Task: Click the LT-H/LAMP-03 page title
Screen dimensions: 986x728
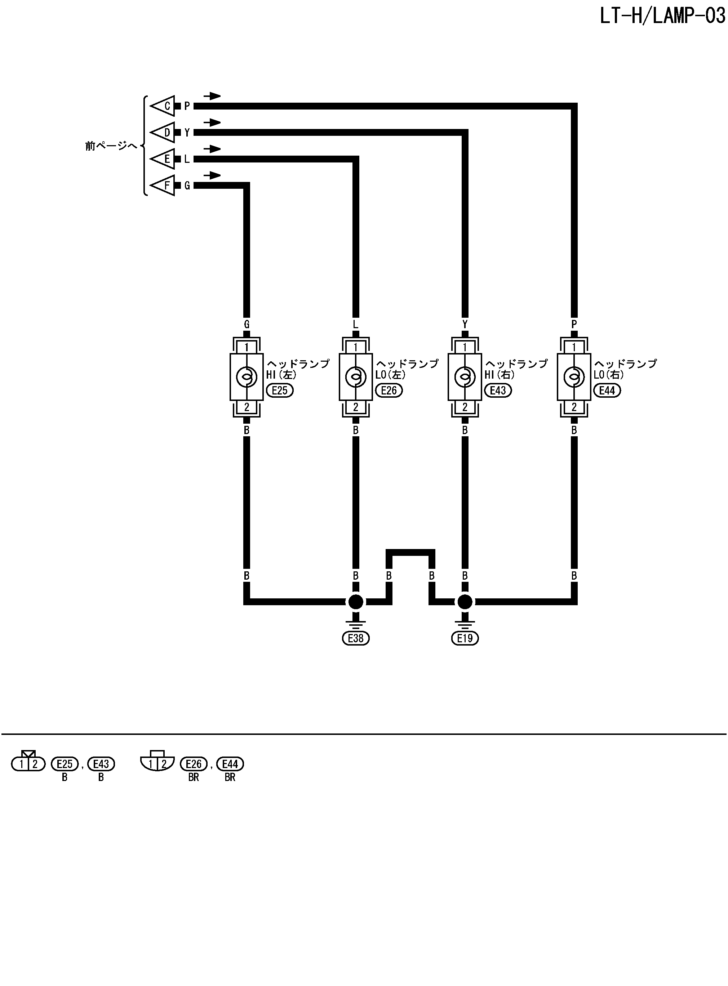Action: coord(662,16)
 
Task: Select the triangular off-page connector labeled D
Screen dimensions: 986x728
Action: coord(163,133)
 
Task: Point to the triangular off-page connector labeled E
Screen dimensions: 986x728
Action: coord(163,159)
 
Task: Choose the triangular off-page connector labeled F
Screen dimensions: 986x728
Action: coord(163,186)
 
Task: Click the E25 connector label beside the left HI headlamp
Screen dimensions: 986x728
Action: coord(280,390)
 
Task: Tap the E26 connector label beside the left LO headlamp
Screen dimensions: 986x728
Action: coord(389,390)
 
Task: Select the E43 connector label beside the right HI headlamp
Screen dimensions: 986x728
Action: coord(498,390)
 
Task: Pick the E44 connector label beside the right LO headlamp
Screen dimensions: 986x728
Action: coord(607,390)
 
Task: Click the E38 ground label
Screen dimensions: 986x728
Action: coord(356,638)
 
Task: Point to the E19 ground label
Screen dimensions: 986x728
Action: coord(465,638)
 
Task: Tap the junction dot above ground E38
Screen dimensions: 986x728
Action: coord(356,602)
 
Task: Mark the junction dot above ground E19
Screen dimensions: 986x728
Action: coord(465,602)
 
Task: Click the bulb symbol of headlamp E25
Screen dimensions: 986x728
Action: coord(247,376)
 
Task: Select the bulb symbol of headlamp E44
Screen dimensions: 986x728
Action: coord(574,376)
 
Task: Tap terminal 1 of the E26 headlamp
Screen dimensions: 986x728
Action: coord(356,347)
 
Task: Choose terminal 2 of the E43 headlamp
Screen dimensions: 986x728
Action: coord(465,407)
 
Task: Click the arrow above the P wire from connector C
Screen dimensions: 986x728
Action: coord(212,96)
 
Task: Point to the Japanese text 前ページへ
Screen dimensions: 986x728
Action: coord(111,146)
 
